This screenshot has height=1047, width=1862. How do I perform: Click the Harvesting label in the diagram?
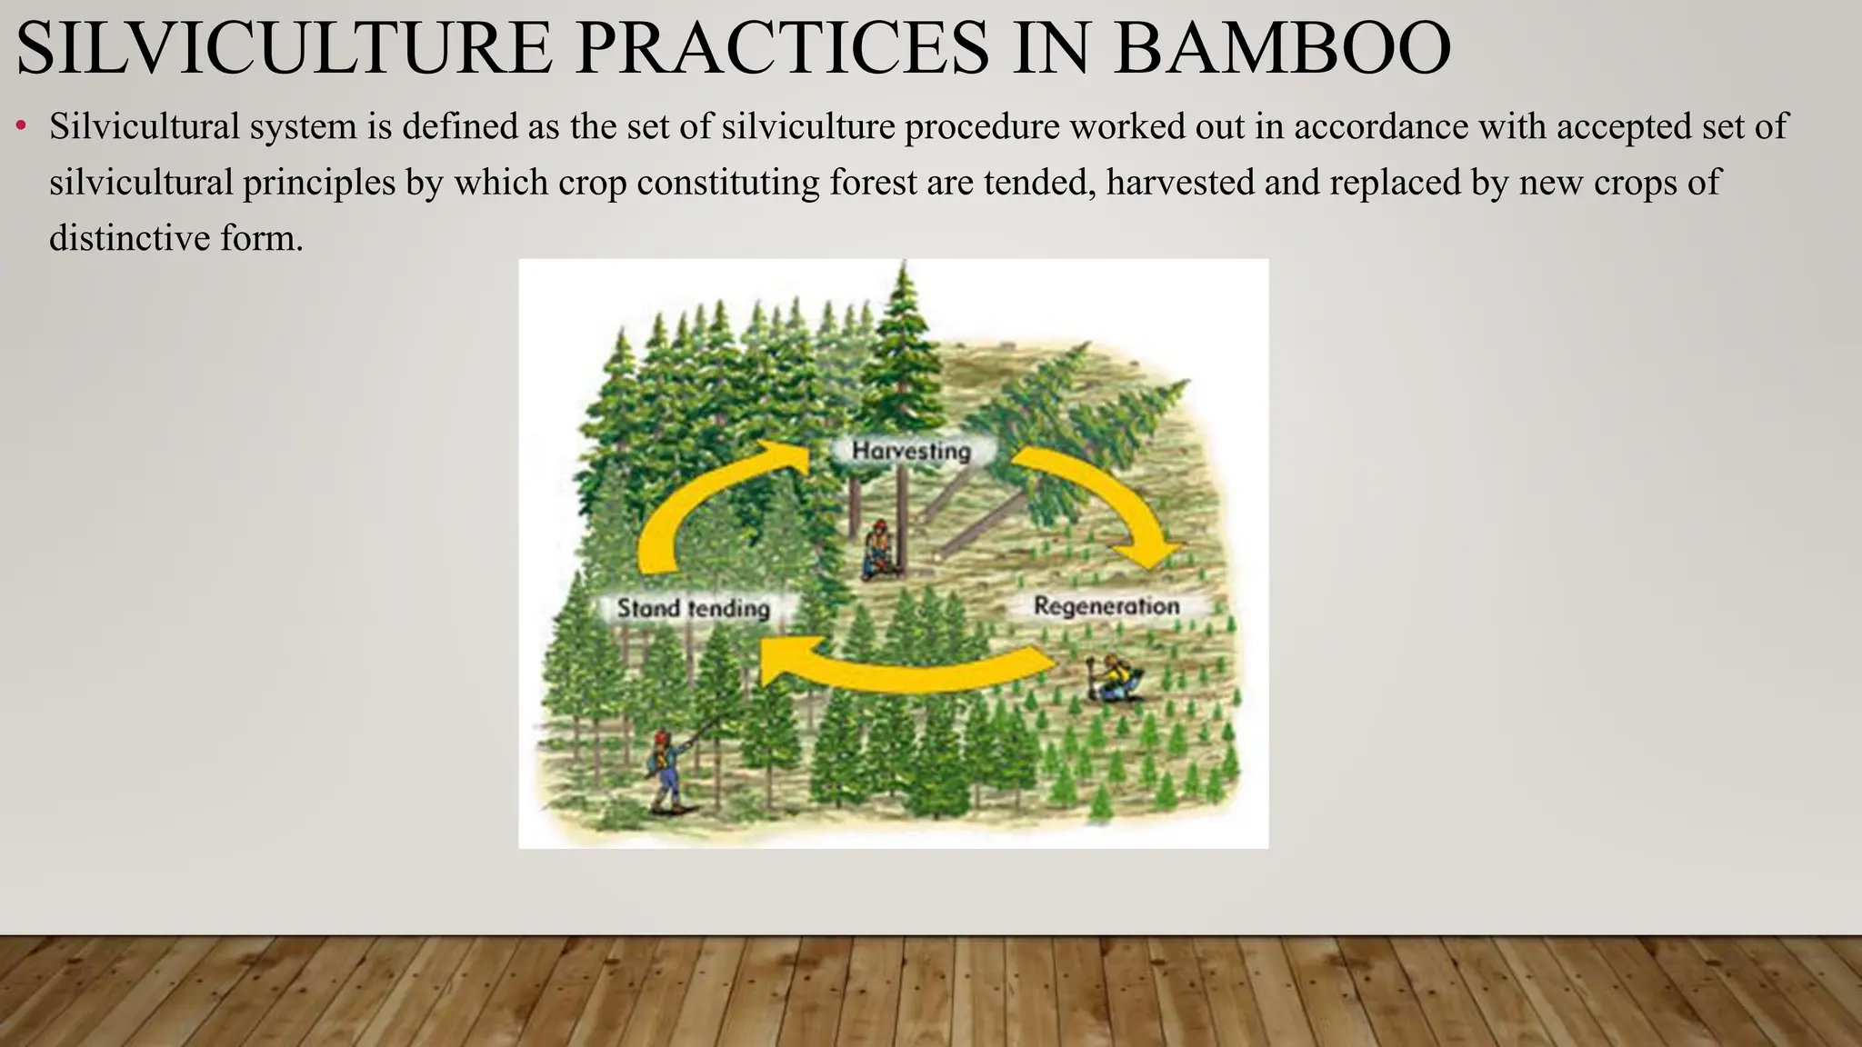coord(911,451)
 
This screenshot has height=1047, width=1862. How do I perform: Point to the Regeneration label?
coord(1106,606)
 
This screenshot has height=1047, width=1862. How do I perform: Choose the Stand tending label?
coord(693,608)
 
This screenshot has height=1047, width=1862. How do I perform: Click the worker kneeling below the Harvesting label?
coord(879,551)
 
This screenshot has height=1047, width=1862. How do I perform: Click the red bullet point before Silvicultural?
coord(21,126)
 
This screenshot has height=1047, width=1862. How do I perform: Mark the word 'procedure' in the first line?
coord(982,126)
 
